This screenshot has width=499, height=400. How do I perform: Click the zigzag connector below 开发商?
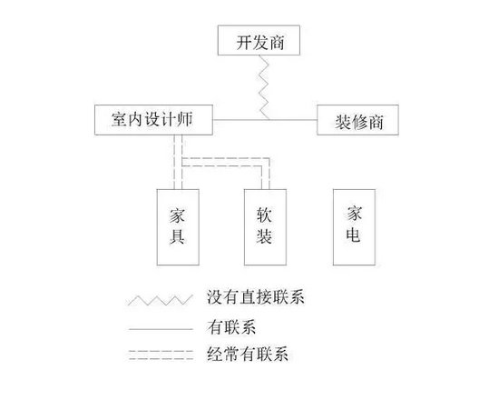coord(264,87)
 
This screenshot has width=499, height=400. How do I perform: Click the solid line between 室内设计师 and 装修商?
coord(265,120)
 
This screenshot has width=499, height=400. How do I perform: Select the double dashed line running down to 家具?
coord(178,162)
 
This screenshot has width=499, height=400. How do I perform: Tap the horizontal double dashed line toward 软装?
coord(226,162)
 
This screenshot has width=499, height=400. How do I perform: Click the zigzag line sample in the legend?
coord(161,300)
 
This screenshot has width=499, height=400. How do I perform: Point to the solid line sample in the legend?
coord(161,329)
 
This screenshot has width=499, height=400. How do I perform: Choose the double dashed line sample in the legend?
coord(161,355)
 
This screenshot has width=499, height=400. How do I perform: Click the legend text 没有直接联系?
coord(256,296)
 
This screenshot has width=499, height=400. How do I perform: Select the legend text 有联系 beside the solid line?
coord(231,326)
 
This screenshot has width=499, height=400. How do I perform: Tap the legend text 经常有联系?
coord(248,354)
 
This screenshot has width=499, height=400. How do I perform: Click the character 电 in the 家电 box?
coord(354,235)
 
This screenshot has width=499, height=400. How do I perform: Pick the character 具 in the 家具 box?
coord(177,236)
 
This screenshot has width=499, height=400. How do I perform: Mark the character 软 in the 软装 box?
coord(264,215)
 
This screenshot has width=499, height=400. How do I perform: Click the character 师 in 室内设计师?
coord(185,120)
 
